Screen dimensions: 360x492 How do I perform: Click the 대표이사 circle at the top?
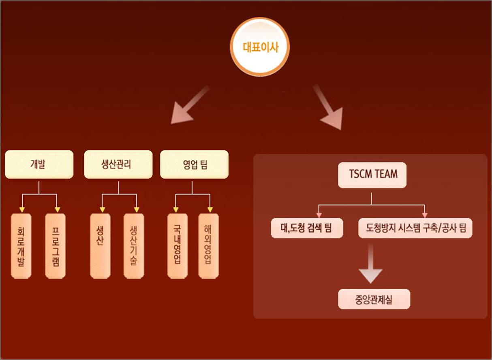pos(260,47)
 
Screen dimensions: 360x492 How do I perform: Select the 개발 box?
pos(39,164)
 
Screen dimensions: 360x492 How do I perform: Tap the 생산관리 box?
pos(118,164)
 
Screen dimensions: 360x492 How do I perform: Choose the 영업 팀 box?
pos(194,164)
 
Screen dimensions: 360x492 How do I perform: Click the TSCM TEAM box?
pos(372,174)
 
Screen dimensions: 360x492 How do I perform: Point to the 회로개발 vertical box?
pos(21,246)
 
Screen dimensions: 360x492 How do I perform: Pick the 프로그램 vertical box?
pos(56,246)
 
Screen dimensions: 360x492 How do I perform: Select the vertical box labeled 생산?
pos(100,246)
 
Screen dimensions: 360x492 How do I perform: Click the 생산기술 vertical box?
pos(134,246)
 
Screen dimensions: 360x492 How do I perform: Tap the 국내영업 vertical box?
pos(178,246)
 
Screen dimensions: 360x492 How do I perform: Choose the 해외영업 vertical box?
pos(208,246)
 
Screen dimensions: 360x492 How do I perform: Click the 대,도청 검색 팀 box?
pos(307,228)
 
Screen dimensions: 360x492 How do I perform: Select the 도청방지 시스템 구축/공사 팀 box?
pos(415,228)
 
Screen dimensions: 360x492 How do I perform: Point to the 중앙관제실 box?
pos(374,300)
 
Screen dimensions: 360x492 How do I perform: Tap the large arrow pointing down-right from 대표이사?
pos(328,107)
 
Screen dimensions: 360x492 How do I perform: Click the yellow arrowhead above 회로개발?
pos(22,210)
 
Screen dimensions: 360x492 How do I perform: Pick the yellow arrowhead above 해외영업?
pos(210,210)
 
